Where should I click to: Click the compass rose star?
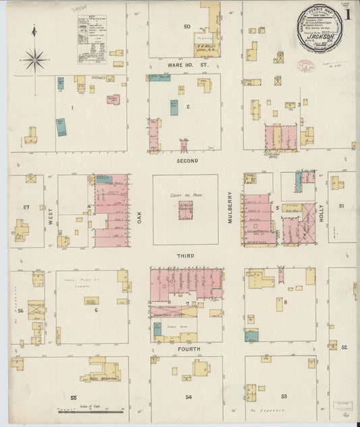point(33,60)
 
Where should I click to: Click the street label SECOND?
point(187,161)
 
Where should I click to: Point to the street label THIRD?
point(186,256)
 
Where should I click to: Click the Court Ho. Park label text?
point(185,195)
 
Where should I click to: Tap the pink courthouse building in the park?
point(185,210)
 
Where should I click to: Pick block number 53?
point(284,397)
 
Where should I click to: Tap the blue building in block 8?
point(251,336)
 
